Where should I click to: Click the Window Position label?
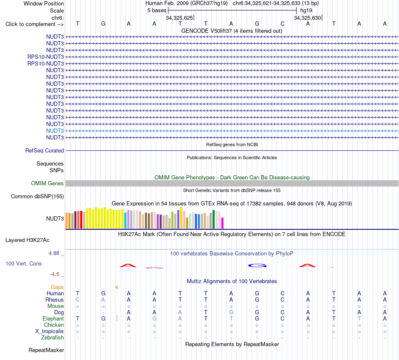[44, 3]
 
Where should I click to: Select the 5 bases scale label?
[157, 11]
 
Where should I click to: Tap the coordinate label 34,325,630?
[307, 18]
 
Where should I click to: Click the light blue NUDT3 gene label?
[55, 131]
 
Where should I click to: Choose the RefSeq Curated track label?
[45, 151]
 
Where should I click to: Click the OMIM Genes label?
[47, 184]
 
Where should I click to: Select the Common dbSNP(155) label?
[37, 197]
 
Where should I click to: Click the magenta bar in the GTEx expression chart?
[223, 223]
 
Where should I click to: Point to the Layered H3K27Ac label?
[27, 240]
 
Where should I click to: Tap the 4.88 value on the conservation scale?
[54, 253]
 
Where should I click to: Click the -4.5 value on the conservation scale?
[55, 274]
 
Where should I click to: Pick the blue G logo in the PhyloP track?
[257, 265]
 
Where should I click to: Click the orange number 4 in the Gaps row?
[116, 287]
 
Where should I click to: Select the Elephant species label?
[53, 319]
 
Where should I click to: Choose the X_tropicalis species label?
[50, 331]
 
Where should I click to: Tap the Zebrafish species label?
[52, 338]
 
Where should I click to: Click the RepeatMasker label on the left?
[46, 350]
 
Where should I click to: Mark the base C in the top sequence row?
[283, 24]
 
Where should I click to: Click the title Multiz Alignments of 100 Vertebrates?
[232, 281]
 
